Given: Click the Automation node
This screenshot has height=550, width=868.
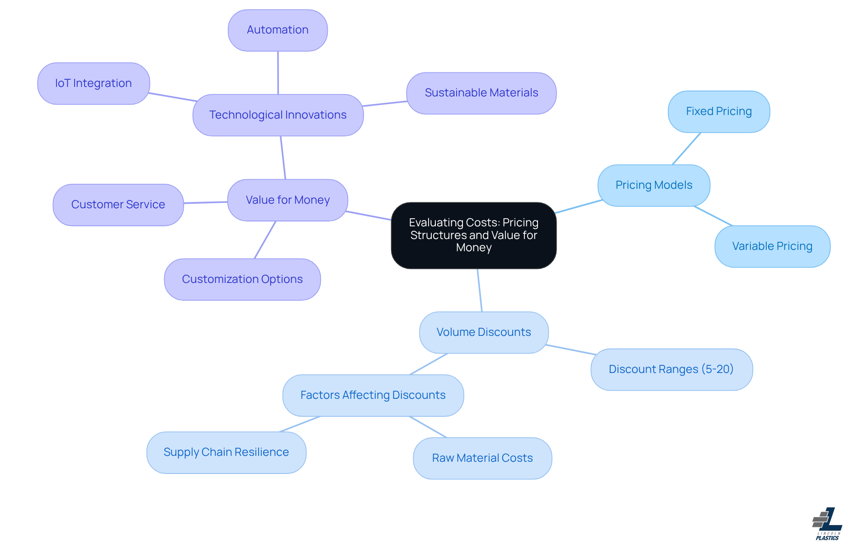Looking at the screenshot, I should pos(278,30).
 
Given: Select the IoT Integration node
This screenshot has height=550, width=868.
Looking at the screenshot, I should pos(94,84).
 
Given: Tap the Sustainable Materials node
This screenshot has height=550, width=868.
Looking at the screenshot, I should pos(481,93).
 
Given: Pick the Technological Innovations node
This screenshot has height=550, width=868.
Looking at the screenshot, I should pos(278,115).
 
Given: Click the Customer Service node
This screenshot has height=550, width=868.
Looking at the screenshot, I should pos(118,205).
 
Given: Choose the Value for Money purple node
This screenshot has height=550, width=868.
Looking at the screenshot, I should pos(288,200).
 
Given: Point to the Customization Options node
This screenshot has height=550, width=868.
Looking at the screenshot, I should pos(242,279).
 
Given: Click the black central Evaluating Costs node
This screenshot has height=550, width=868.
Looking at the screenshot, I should pos(473,235).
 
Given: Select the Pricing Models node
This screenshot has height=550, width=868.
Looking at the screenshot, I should pos(654,186).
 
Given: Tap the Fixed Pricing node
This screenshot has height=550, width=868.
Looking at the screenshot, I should pos(719,112).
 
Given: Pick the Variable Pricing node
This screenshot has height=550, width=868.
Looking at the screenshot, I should pos(772,247).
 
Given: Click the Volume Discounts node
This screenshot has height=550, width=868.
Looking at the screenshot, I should pos(484,332).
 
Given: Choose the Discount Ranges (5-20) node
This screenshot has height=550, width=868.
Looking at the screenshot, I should pos(671,369).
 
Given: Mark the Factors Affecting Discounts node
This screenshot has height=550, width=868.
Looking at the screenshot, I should pos(373,395).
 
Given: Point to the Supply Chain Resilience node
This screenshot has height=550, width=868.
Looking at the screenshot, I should pos(226,452).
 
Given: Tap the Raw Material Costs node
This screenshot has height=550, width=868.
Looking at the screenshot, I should pos(482,458).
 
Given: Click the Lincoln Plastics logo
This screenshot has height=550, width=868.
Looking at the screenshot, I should pos(827,524).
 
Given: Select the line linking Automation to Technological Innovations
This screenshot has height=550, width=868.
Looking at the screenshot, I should pos(278,72).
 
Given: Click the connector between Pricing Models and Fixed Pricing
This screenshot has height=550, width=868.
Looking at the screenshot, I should pos(686,149).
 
